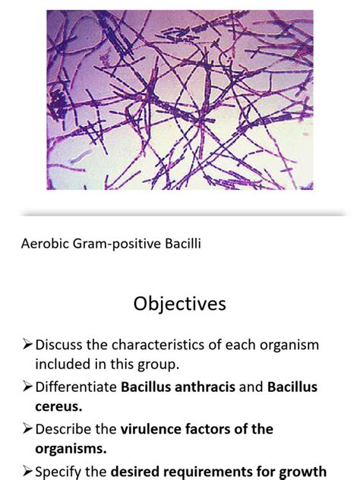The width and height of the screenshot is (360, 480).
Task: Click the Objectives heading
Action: pos(179,304)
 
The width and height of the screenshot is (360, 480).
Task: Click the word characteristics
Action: pos(186,345)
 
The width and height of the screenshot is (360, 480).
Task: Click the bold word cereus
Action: pos(58,408)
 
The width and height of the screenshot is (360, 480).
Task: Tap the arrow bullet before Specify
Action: pos(29,472)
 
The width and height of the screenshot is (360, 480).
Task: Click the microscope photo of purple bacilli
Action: pos(179,99)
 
